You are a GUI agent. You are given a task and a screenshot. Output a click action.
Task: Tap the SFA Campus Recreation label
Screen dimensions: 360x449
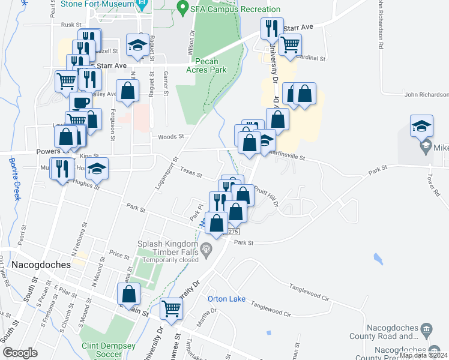235,9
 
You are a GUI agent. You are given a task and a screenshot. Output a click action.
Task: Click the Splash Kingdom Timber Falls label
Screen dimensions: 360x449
167,248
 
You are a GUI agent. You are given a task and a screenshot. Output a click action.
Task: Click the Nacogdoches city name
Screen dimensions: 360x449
35,264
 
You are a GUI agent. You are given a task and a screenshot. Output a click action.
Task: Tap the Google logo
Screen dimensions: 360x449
20,353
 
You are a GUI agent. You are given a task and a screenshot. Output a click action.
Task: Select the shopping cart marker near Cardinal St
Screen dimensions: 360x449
290,44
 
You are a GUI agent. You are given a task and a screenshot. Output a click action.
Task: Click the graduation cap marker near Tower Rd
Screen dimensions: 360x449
421,127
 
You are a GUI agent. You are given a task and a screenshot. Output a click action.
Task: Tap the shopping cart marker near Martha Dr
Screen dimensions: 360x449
172,309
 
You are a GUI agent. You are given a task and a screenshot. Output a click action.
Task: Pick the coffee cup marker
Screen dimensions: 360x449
80,103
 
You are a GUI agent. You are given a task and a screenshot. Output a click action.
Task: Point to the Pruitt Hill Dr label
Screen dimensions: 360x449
265,196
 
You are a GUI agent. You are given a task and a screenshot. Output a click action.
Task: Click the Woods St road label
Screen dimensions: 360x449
169,137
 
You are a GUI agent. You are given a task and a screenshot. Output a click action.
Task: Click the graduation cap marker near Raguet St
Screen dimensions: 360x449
137,45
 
